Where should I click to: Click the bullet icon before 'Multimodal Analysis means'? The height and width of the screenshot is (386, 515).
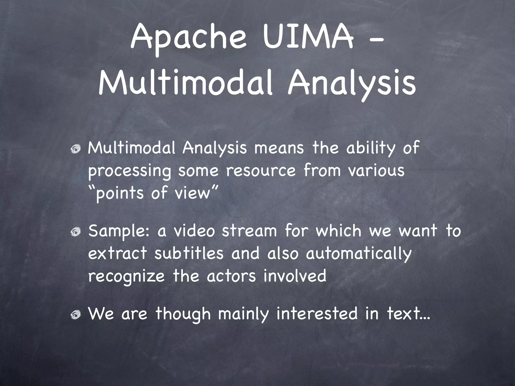point(76,150)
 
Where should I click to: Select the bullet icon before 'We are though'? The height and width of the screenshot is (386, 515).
point(76,315)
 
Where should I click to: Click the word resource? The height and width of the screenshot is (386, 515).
point(261,171)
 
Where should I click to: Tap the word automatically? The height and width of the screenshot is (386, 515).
point(359,254)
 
